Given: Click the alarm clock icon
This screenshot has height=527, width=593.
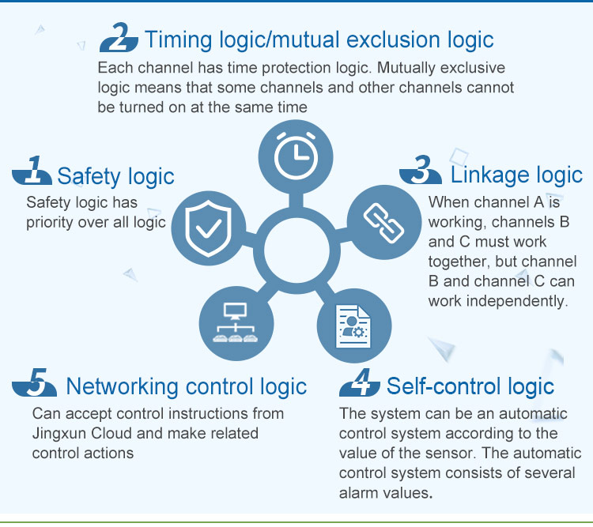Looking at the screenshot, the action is (x=296, y=156).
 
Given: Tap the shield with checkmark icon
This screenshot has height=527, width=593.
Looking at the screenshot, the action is (x=209, y=228).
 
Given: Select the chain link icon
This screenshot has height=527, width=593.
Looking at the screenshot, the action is (x=383, y=222).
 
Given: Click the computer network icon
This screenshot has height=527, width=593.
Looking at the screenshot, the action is (x=236, y=322).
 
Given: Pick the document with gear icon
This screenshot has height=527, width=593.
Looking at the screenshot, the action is (x=353, y=326).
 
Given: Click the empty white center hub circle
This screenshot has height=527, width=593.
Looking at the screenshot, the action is (x=296, y=250).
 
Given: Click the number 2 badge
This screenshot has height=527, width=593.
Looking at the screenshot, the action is (x=119, y=37).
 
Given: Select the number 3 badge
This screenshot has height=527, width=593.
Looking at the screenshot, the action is (x=421, y=170).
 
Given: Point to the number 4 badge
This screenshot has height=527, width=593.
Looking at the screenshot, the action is (x=360, y=382).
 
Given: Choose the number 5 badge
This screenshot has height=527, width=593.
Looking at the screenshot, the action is (x=35, y=382).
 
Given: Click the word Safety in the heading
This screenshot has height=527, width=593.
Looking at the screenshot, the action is (x=89, y=176).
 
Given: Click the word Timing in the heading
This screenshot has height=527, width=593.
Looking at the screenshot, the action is (x=178, y=40).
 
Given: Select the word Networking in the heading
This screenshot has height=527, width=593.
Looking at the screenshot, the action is (x=122, y=386).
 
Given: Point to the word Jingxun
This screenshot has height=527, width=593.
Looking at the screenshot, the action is (x=59, y=434).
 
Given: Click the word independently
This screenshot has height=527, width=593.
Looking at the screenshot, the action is (x=517, y=301).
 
